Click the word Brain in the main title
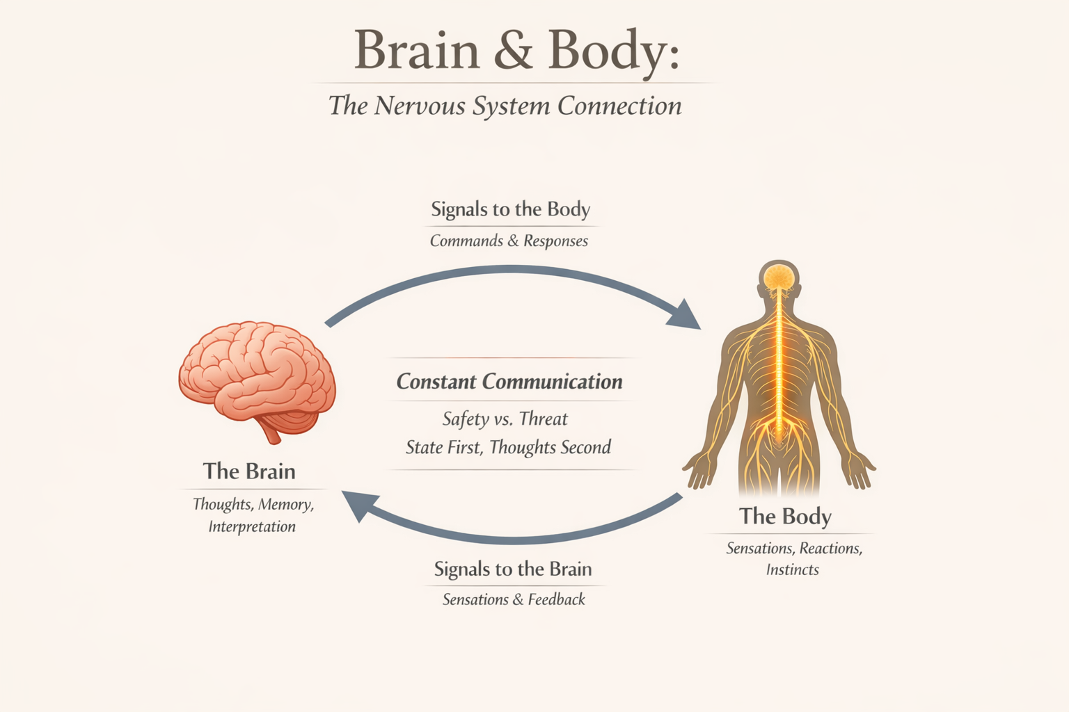point(416,50)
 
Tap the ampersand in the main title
point(513,50)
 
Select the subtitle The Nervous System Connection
point(505,106)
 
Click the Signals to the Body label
point(510,209)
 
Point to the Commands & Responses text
point(509,241)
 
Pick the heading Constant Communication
point(509,381)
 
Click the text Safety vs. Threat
point(505,419)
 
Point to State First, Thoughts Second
point(508,447)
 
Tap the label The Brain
point(249,471)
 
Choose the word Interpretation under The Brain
point(252,526)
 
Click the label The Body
point(785,516)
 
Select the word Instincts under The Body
point(792,569)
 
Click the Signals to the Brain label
point(513,569)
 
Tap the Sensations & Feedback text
point(514,599)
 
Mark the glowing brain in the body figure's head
point(779,277)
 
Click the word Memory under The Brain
point(285,504)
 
